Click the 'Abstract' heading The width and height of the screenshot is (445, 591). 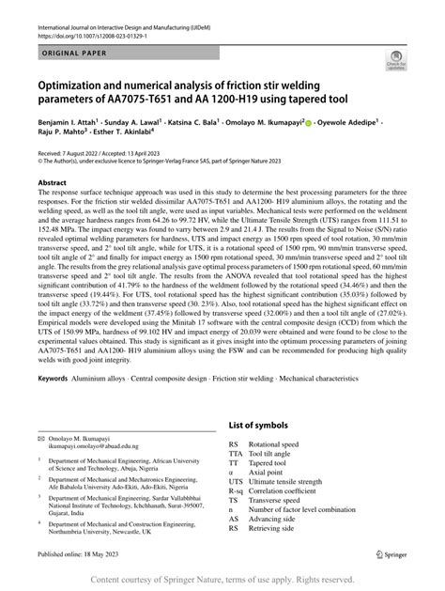click(x=51, y=184)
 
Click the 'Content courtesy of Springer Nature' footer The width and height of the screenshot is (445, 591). click(x=222, y=581)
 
